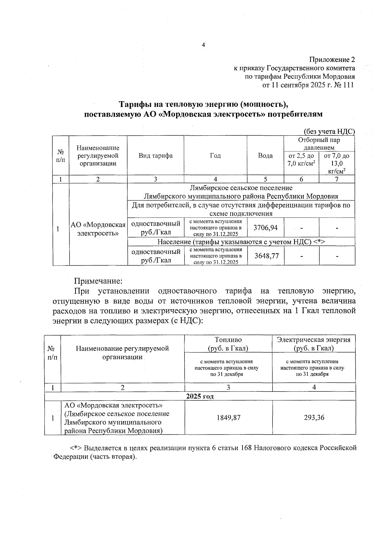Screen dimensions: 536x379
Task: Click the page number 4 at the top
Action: (x=203, y=45)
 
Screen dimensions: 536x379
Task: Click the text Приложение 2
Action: (x=332, y=60)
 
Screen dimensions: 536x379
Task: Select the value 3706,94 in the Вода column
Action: (x=265, y=227)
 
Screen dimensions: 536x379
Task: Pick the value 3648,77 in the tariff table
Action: (x=267, y=256)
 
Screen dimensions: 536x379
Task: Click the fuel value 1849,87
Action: (x=228, y=417)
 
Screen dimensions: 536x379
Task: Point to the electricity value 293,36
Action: (x=314, y=417)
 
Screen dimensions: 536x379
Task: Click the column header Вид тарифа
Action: (x=155, y=156)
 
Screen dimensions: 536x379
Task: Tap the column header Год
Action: (x=215, y=156)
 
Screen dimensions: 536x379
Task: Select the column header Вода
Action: (x=265, y=156)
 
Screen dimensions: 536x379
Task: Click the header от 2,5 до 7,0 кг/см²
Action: (x=301, y=159)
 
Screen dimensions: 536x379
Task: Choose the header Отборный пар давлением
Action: (x=319, y=144)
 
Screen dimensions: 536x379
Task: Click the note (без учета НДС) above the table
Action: (x=329, y=132)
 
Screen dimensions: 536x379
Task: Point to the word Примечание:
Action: (x=98, y=281)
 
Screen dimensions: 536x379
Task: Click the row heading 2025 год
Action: (x=200, y=396)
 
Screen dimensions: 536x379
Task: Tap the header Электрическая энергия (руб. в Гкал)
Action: (x=314, y=344)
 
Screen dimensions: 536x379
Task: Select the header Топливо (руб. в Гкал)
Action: (x=228, y=344)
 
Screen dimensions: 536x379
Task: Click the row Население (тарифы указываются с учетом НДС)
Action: (x=241, y=242)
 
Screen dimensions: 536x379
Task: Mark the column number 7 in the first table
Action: (x=337, y=179)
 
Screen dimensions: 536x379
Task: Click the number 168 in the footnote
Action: (x=246, y=448)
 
